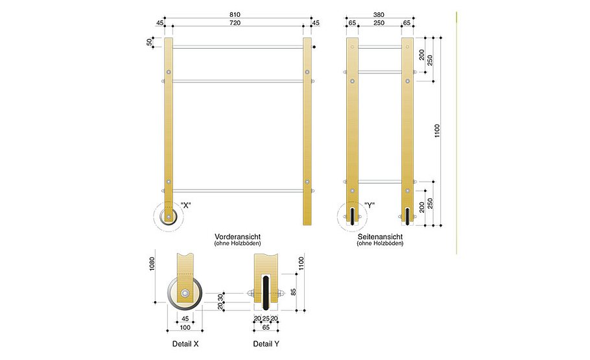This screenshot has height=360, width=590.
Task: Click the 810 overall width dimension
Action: coord(234,14)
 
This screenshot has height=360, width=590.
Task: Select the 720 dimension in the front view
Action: coord(234,23)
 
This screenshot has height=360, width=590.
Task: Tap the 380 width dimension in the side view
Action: coord(380,14)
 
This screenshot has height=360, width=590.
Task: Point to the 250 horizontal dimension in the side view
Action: coord(380,23)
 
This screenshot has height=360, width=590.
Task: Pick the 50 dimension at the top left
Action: coord(150,42)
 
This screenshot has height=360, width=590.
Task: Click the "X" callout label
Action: coord(186,206)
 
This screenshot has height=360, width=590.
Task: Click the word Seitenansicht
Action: coord(380,237)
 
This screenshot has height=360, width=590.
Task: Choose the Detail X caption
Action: coord(185,344)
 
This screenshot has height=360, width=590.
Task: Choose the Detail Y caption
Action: coord(266,344)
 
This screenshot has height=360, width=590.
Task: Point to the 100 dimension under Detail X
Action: coord(185,328)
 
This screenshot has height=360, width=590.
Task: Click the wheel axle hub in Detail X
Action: coord(186,294)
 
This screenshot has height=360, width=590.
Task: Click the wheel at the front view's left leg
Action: coord(169,216)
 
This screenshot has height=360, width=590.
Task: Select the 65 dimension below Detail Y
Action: coord(266,328)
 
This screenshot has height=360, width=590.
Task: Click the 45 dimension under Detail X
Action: coord(185,318)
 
